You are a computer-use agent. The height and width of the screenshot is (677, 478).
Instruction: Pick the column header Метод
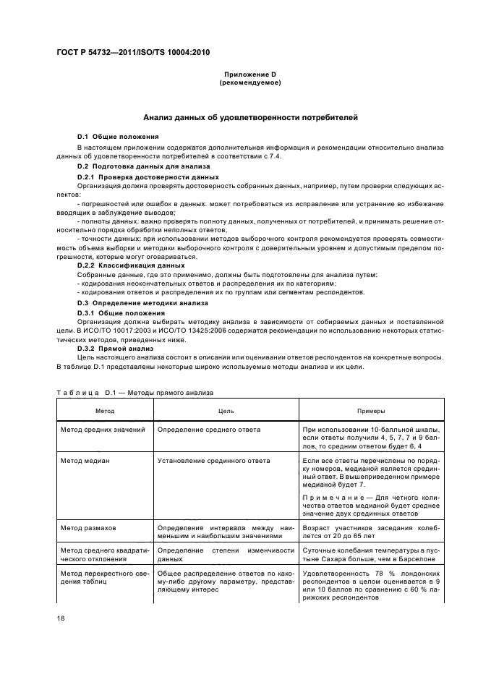point(105,410)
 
